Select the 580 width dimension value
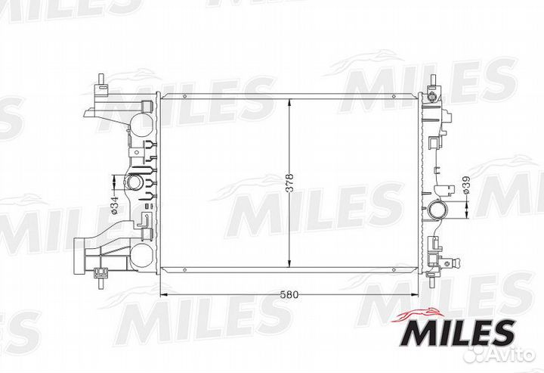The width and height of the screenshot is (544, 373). point(289,295)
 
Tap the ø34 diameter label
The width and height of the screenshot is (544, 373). point(115,205)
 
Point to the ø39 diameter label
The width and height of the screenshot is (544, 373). point(466,185)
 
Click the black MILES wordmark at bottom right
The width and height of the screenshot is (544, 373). point(457,333)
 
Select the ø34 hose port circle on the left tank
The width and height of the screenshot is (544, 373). point(133,182)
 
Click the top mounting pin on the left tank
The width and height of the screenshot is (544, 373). point(101,79)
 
